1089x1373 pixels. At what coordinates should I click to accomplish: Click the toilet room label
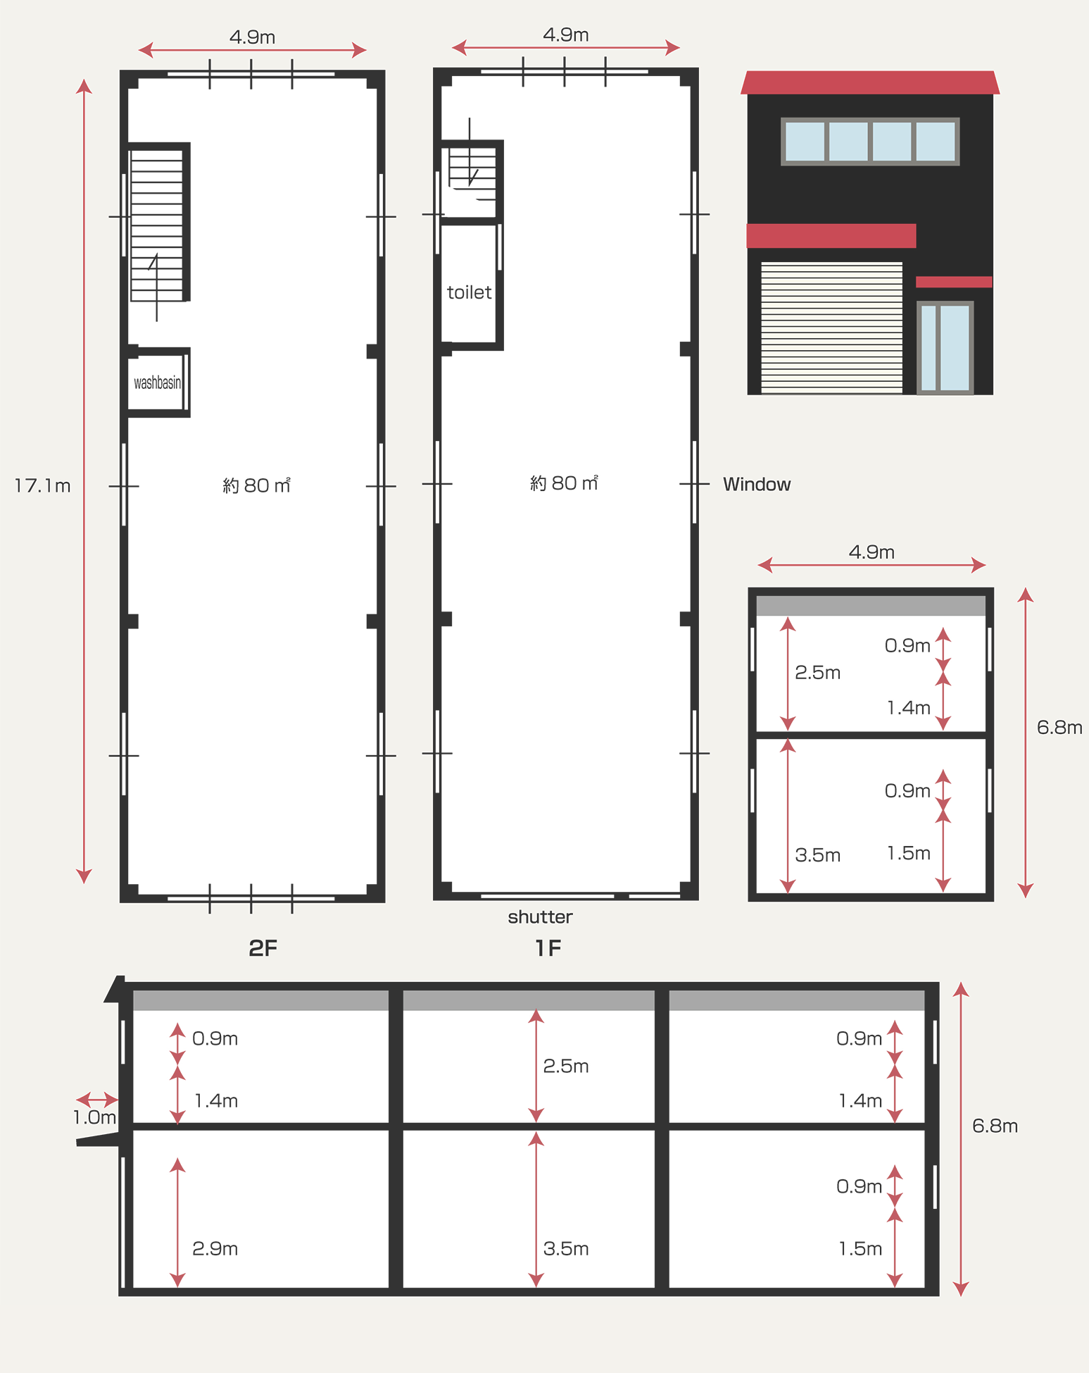click(x=469, y=292)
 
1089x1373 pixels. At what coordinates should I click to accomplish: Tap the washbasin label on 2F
click(x=158, y=383)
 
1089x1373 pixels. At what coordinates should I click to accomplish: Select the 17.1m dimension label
click(x=43, y=485)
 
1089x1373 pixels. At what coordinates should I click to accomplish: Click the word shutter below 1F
click(x=540, y=917)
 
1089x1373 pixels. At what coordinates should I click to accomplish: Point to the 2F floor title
click(x=263, y=948)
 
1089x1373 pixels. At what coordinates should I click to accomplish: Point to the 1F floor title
click(x=548, y=948)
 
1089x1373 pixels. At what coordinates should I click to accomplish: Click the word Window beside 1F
click(x=757, y=484)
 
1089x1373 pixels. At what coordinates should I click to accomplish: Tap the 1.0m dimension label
click(x=94, y=1117)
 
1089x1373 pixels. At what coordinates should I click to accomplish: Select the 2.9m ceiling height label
click(x=215, y=1248)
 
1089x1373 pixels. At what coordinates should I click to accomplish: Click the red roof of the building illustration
click(x=870, y=82)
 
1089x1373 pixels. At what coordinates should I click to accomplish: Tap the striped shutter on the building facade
click(x=831, y=328)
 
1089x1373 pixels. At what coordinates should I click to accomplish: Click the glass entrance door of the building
click(x=945, y=347)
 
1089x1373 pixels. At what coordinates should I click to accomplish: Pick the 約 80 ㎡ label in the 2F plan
click(x=256, y=485)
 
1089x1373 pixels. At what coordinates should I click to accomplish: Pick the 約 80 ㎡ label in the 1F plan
click(x=564, y=483)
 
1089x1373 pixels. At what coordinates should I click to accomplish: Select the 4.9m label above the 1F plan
click(x=566, y=35)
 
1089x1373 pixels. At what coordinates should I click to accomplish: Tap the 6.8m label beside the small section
click(x=1059, y=727)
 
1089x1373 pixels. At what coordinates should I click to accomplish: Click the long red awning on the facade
click(x=831, y=236)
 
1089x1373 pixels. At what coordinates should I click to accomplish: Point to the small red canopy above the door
click(x=954, y=282)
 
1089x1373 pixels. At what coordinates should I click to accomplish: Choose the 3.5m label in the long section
click(x=566, y=1248)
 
